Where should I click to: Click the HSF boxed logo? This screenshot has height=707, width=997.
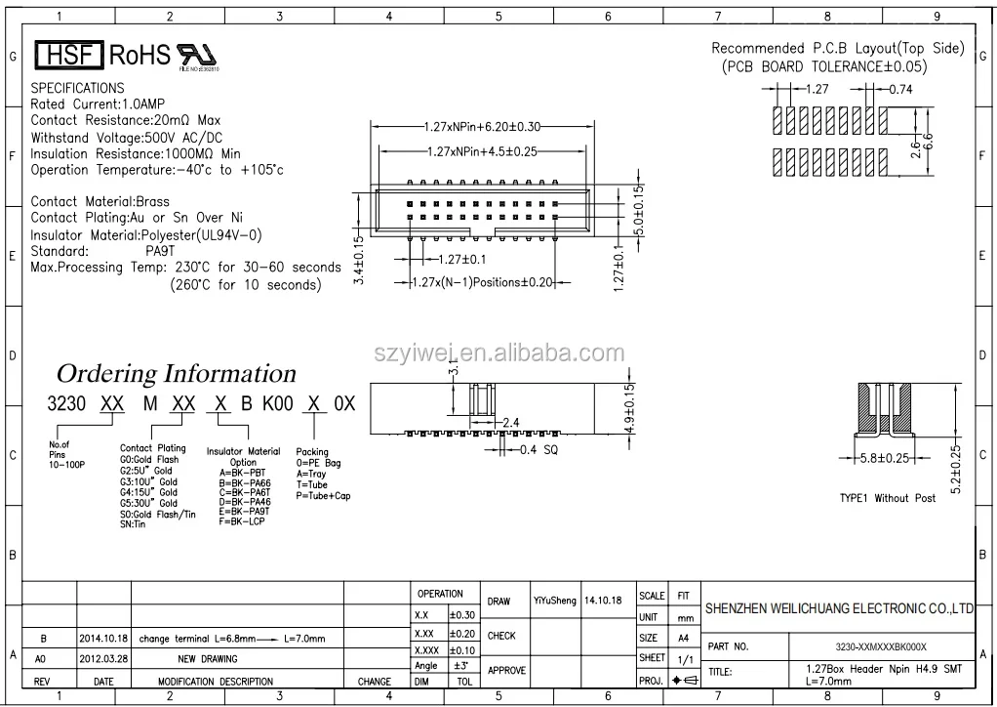coord(68,55)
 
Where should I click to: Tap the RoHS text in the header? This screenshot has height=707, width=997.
coord(140,55)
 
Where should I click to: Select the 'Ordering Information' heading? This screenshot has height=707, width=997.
coord(176,373)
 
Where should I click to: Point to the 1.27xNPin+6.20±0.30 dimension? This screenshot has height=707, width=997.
coord(483,127)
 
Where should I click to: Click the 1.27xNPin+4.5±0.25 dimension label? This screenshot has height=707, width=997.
coord(483,151)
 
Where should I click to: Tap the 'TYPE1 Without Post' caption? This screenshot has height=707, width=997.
coord(887,498)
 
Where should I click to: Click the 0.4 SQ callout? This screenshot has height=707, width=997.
coord(541,449)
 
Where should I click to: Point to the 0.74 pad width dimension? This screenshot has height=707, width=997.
coord(900,88)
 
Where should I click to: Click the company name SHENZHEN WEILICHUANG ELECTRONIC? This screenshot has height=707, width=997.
coord(839,608)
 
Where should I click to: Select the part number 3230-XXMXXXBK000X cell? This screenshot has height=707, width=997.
coord(881,646)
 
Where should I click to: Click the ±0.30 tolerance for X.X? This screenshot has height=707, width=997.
coord(462,615)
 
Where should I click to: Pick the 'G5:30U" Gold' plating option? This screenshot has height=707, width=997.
coord(148,504)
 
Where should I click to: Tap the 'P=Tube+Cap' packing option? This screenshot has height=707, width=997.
coord(323,496)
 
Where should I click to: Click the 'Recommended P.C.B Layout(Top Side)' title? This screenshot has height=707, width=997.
coord(837,48)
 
